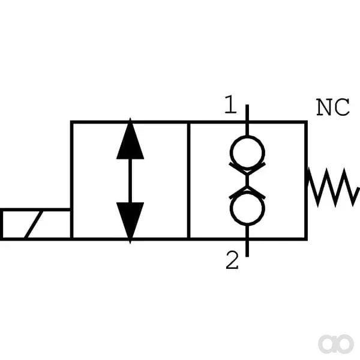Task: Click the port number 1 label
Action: [x=230, y=104]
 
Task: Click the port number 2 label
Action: [x=232, y=260]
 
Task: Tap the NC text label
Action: [x=333, y=107]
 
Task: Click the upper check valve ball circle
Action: [x=247, y=152]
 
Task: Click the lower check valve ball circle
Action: [x=247, y=208]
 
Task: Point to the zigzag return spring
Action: [x=333, y=187]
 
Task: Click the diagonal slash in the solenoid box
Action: [x=34, y=224]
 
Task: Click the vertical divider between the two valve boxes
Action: [x=189, y=181]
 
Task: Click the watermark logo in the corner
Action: [x=335, y=344]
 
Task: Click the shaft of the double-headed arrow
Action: [x=130, y=181]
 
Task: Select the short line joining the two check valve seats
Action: [x=247, y=181]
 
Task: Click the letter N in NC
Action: [x=324, y=107]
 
